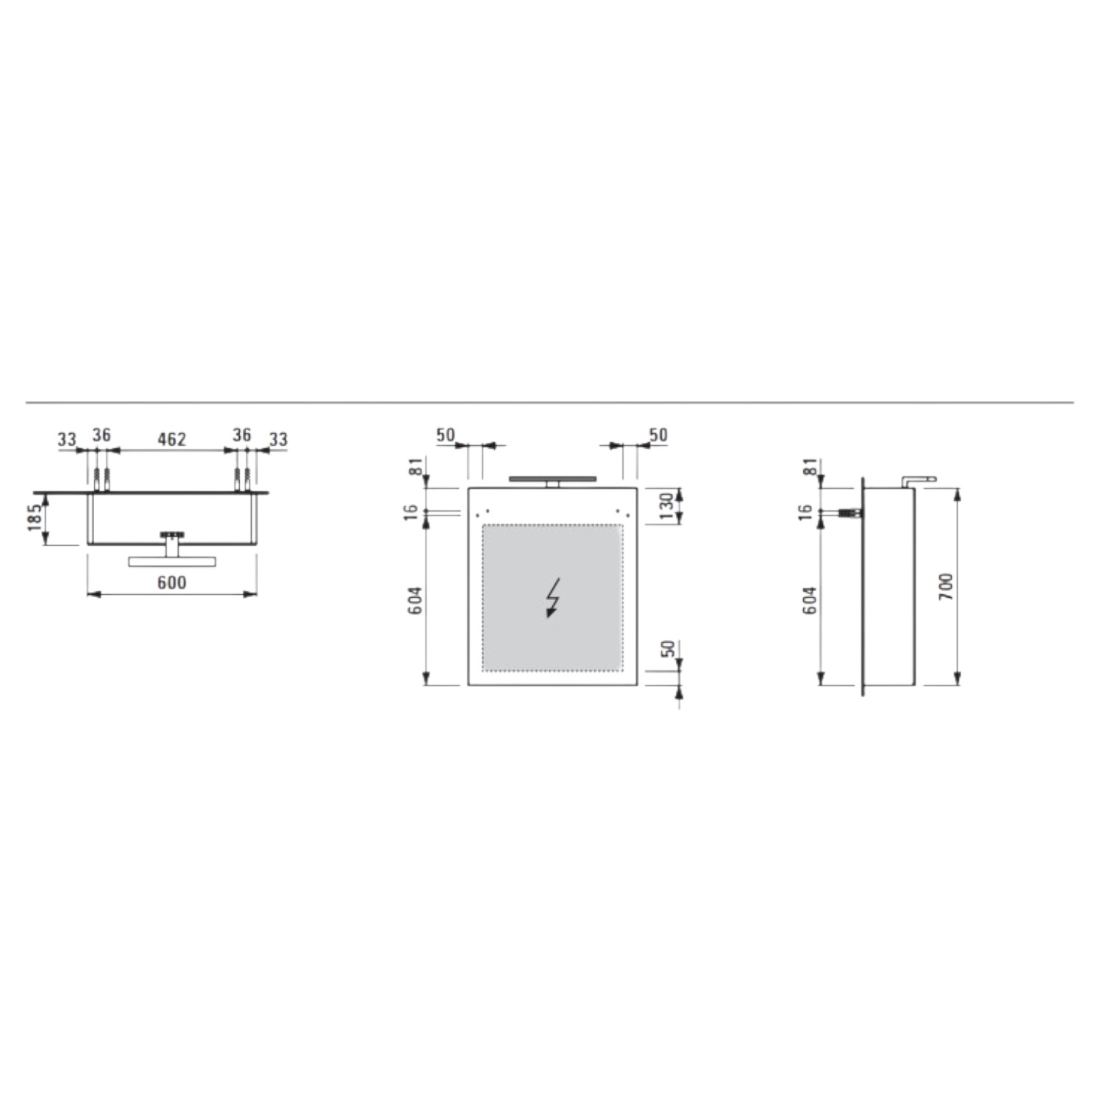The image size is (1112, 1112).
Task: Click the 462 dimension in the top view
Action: [171, 439]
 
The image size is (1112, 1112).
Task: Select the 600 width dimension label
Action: [171, 583]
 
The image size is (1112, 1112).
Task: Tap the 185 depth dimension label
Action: [34, 518]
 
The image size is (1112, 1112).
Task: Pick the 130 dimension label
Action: [666, 506]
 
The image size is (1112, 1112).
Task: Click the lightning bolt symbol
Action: [552, 597]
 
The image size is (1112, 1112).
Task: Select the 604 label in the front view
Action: [416, 601]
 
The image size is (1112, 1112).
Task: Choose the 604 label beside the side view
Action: [810, 601]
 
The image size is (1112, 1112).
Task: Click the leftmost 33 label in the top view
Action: [67, 440]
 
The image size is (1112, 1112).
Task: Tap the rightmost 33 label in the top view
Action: [278, 440]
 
